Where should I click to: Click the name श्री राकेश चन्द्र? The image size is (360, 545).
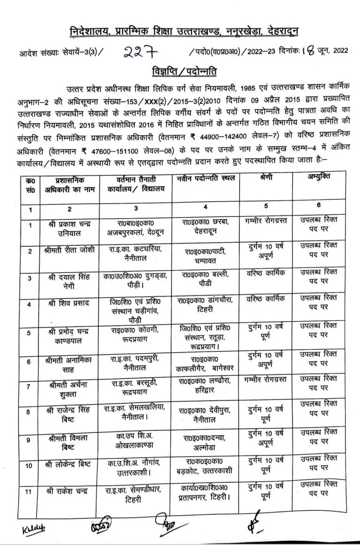69,490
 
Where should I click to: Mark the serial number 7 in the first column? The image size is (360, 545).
30,387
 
